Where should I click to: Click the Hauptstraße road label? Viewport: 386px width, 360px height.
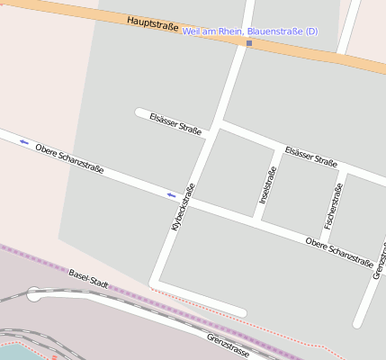point(153,22)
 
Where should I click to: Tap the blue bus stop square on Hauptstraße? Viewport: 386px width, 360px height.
point(249,43)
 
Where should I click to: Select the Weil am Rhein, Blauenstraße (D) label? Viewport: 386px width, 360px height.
point(249,31)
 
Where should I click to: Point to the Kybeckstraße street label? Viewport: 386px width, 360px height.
point(183,207)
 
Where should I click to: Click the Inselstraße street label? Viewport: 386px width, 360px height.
point(267,184)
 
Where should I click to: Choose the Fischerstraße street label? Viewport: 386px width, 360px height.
point(333,205)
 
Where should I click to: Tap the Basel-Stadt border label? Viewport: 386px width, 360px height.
point(88,278)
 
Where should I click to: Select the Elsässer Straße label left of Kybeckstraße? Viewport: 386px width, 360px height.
point(175,123)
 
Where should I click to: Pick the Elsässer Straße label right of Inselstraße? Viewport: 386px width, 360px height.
point(310,157)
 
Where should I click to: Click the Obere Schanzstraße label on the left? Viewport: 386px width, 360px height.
point(69,157)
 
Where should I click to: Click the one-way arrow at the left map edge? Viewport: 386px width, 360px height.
point(23,142)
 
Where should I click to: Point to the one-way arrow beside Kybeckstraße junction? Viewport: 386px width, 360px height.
point(171,194)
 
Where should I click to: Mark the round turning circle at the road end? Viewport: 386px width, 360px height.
point(34,293)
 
